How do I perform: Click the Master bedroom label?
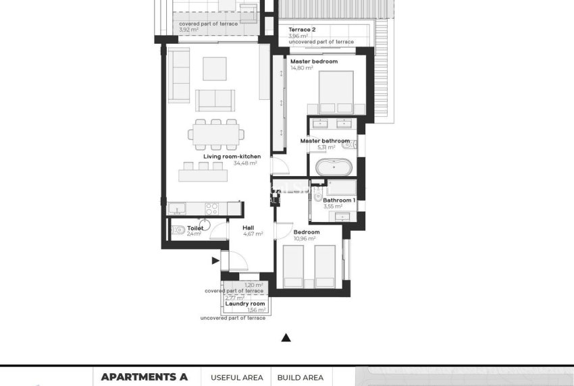click(313, 61)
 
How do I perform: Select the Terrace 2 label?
click(302, 30)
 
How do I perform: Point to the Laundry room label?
click(244, 304)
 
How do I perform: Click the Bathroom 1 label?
click(337, 200)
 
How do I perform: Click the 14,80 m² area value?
click(301, 68)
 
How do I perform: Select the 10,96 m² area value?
click(305, 238)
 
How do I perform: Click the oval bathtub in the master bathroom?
click(332, 167)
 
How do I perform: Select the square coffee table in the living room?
click(215, 67)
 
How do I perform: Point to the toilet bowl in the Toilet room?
click(178, 231)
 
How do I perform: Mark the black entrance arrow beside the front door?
click(215, 260)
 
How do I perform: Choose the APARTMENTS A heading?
click(144, 377)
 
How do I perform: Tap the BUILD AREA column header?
click(301, 378)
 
